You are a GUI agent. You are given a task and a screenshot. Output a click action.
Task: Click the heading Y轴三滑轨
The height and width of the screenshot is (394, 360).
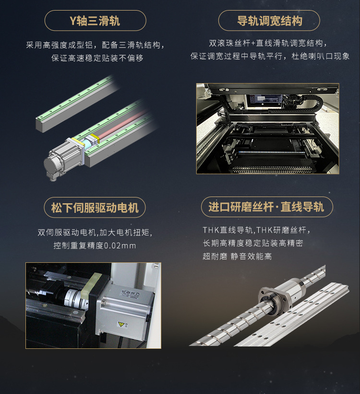[x=95, y=21]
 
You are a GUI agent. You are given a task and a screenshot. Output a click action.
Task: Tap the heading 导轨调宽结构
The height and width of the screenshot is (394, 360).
[x=269, y=21]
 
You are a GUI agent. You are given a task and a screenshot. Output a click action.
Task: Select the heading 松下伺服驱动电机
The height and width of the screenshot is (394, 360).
[x=95, y=208]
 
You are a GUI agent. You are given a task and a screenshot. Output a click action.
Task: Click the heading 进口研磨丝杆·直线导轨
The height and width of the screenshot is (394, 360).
[x=266, y=207]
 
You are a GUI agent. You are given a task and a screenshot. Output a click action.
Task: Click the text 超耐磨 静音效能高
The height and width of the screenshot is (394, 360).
[x=237, y=257]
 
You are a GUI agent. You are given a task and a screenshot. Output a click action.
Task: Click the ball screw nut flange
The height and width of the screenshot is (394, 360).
[x=272, y=295]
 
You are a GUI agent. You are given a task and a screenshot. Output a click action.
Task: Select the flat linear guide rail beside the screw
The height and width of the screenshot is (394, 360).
[x=298, y=317]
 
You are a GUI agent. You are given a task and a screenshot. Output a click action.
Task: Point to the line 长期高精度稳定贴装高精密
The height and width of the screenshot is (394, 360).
[x=252, y=243]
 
